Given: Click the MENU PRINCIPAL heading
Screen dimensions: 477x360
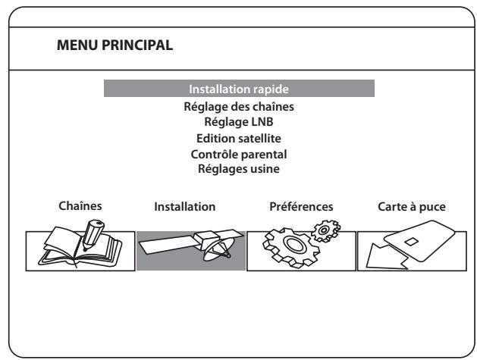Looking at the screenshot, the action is click(x=115, y=45).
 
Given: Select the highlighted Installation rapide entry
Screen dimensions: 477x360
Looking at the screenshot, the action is click(x=239, y=89).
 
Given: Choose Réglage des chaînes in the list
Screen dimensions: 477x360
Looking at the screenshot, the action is click(x=239, y=107).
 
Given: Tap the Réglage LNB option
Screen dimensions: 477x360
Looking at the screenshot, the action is click(x=239, y=122).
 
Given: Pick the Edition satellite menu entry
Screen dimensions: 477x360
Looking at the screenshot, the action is click(x=239, y=139).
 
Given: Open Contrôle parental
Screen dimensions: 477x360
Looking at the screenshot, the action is click(x=239, y=155).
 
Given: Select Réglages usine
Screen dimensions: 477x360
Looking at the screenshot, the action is click(x=239, y=169).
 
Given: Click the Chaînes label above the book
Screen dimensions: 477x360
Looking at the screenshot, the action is click(x=80, y=206).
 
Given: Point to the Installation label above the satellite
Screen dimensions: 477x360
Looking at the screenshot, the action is click(x=185, y=207).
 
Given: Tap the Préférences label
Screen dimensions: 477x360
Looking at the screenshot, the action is click(x=301, y=206).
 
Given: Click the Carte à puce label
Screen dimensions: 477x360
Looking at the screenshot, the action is click(x=412, y=207).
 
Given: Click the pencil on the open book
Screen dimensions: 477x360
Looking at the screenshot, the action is click(x=93, y=235).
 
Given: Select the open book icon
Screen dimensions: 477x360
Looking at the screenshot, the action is click(x=80, y=249).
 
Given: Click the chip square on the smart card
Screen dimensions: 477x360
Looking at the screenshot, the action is click(x=411, y=242).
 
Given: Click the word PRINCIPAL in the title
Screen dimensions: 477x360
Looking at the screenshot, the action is click(x=137, y=45).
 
